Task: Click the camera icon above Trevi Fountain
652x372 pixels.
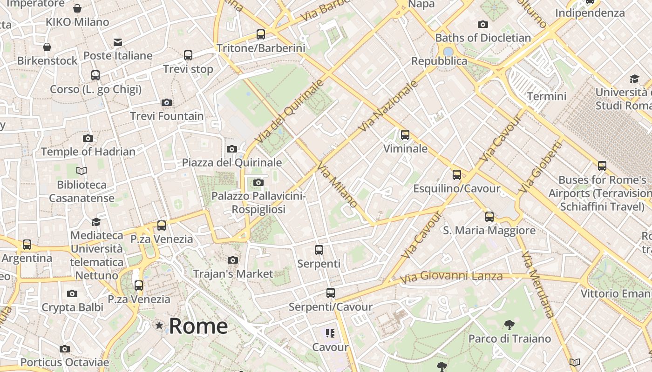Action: coord(167,102)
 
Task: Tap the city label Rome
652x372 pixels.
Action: coord(198,326)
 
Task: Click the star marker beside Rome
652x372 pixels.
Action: coord(159,325)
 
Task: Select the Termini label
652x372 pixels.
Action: coord(547,96)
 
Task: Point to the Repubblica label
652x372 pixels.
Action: coord(439,61)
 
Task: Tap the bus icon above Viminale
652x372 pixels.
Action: coord(405,135)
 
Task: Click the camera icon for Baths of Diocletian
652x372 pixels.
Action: coord(483,24)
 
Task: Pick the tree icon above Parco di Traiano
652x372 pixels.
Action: coord(509,325)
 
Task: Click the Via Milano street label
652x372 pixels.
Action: coord(337,185)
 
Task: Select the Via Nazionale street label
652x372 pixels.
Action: coord(388,106)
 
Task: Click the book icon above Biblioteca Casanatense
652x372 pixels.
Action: coord(81,171)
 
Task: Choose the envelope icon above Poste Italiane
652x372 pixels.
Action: coord(118,43)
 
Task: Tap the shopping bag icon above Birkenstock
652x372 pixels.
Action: coord(47,47)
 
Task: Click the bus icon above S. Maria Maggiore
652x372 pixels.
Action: coord(489,216)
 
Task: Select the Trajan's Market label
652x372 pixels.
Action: coord(233,274)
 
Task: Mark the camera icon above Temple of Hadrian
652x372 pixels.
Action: coord(88,138)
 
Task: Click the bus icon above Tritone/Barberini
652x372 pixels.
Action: coord(261,34)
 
